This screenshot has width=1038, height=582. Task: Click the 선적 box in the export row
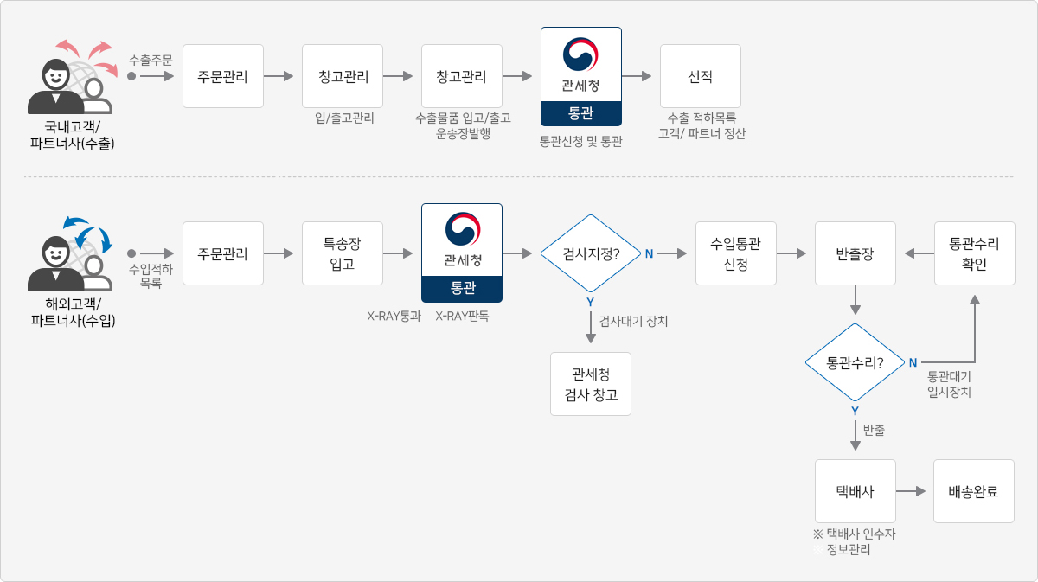[700, 76]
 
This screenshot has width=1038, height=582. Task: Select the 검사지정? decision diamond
[591, 253]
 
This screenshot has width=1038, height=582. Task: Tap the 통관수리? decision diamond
[855, 362]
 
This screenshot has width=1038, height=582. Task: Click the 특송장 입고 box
[343, 253]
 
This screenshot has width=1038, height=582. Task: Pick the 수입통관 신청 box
[736, 253]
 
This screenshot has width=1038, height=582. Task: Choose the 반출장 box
[855, 253]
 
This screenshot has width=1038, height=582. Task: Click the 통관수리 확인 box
[975, 253]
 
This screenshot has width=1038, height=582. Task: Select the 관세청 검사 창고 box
[591, 384]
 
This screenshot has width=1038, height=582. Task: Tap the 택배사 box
[855, 491]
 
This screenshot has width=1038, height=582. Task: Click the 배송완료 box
[974, 491]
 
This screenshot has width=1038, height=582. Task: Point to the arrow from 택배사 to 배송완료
[911, 491]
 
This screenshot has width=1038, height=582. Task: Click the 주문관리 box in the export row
[223, 76]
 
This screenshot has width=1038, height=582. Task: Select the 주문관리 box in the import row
[223, 253]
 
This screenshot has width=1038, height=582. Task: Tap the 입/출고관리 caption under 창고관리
[344, 118]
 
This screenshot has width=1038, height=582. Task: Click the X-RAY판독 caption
[462, 316]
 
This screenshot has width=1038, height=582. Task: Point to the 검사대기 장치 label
[633, 321]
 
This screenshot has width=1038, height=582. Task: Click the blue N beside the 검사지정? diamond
[650, 254]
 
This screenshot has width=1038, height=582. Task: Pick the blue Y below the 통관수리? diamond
[855, 411]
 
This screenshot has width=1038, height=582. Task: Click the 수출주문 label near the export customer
[151, 61]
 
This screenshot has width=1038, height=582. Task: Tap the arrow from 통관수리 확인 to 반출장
[919, 253]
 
